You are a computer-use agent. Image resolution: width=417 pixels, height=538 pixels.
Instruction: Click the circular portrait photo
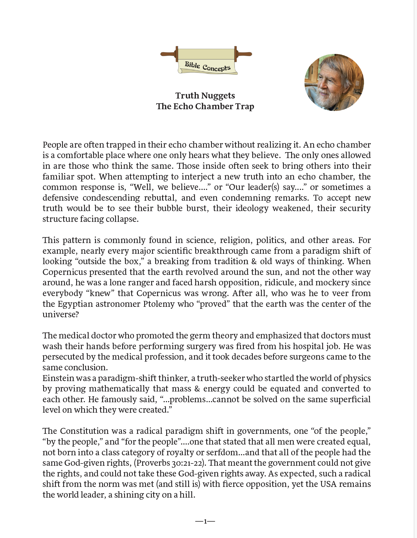point(334,82)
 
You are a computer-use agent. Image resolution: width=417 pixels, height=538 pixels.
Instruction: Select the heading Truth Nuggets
point(205,96)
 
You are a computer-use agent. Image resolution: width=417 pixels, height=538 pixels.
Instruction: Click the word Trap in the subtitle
point(245,106)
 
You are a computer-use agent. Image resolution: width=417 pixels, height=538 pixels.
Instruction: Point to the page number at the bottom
point(205,521)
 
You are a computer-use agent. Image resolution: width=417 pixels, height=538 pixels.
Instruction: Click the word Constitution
point(84,431)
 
